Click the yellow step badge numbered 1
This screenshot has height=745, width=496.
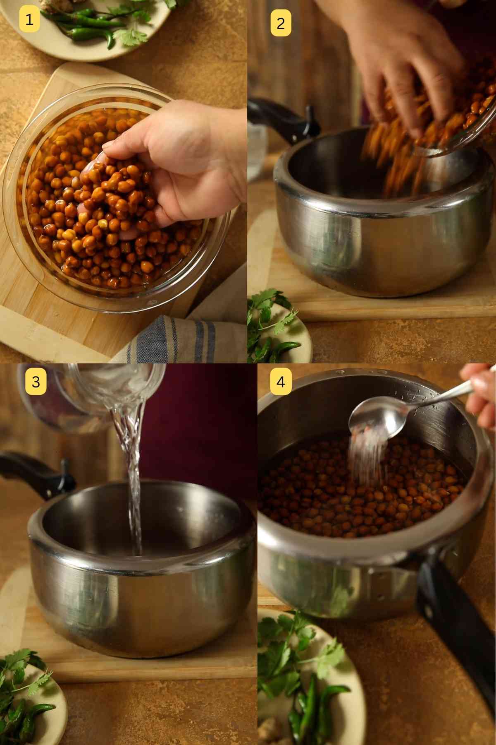coord(29,19)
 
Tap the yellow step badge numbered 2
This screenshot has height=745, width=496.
coord(281,23)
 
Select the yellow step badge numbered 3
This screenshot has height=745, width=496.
coord(36,381)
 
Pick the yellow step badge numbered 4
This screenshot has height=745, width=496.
coord(281,381)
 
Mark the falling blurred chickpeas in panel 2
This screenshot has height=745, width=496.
coord(393,157)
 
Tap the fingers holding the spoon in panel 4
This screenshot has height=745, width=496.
coord(482,393)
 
